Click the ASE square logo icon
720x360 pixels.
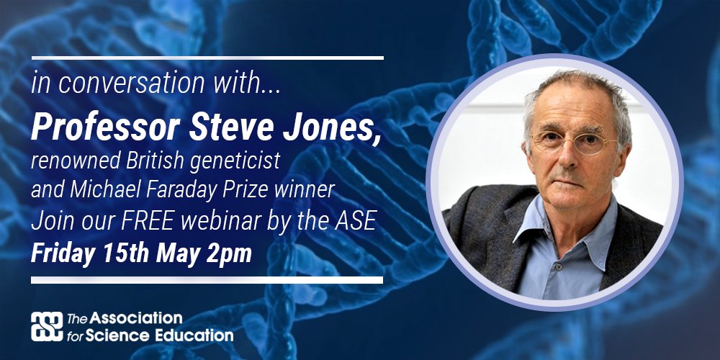point(46,326)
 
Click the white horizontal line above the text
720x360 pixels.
point(207,57)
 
